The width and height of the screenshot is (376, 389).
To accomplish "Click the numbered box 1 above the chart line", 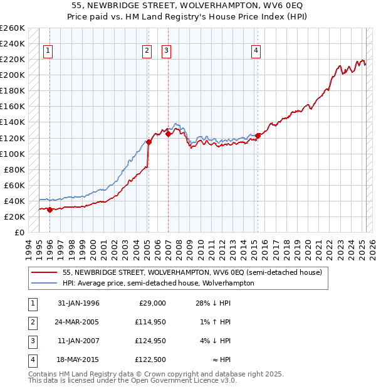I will pyautogui.click(x=48, y=51).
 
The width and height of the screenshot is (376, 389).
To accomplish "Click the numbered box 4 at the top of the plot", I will pyautogui.click(x=256, y=51).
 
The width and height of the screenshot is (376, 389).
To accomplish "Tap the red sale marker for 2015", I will pyautogui.click(x=258, y=135).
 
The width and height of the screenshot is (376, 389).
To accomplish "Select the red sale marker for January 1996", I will pyautogui.click(x=50, y=210).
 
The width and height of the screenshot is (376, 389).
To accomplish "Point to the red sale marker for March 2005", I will pyautogui.click(x=149, y=142).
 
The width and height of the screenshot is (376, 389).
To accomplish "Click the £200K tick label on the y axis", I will pyautogui.click(x=13, y=75).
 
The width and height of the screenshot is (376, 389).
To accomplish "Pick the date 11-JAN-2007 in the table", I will pyautogui.click(x=78, y=341).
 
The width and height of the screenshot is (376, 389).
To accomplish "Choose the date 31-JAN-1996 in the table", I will pyautogui.click(x=78, y=303).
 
